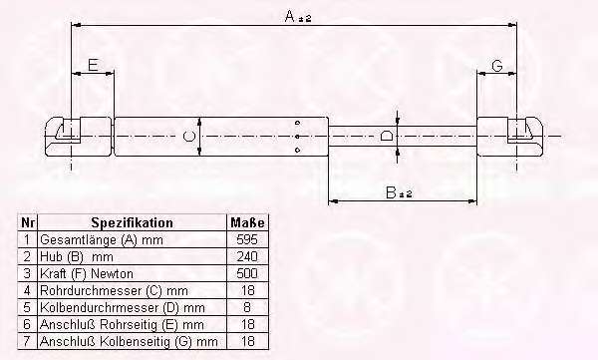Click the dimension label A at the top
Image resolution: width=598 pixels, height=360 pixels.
[x=290, y=16]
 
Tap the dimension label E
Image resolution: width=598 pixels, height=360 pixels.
[x=93, y=65]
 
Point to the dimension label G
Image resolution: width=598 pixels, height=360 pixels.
[x=497, y=66]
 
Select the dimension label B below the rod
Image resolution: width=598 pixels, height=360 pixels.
[x=391, y=192]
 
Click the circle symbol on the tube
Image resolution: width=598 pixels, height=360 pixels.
[x=188, y=136]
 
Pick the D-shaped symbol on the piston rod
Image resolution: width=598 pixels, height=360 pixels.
[x=387, y=136]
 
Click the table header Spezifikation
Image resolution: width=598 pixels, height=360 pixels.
[x=132, y=222]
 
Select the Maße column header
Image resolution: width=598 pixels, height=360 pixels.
[x=247, y=222]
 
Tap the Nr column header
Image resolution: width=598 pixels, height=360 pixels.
[x=28, y=222]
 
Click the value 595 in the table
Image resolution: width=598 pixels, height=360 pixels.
[x=247, y=239]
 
